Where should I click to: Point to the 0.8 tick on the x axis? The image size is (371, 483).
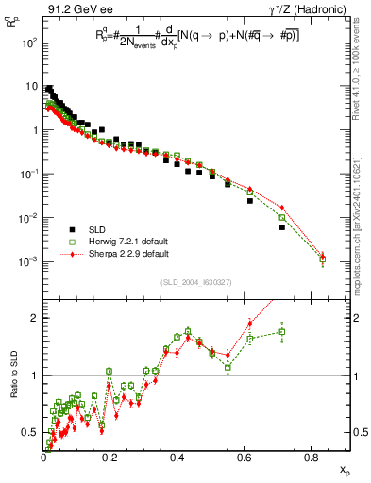click(312, 458)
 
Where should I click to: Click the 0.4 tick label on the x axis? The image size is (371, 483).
click(177, 458)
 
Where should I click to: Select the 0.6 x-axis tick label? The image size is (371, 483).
click(245, 458)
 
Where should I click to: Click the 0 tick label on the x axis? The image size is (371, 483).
click(43, 458)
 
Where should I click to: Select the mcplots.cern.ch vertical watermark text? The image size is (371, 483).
click(359, 216)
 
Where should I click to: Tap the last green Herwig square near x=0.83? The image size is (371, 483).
click(323, 258)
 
